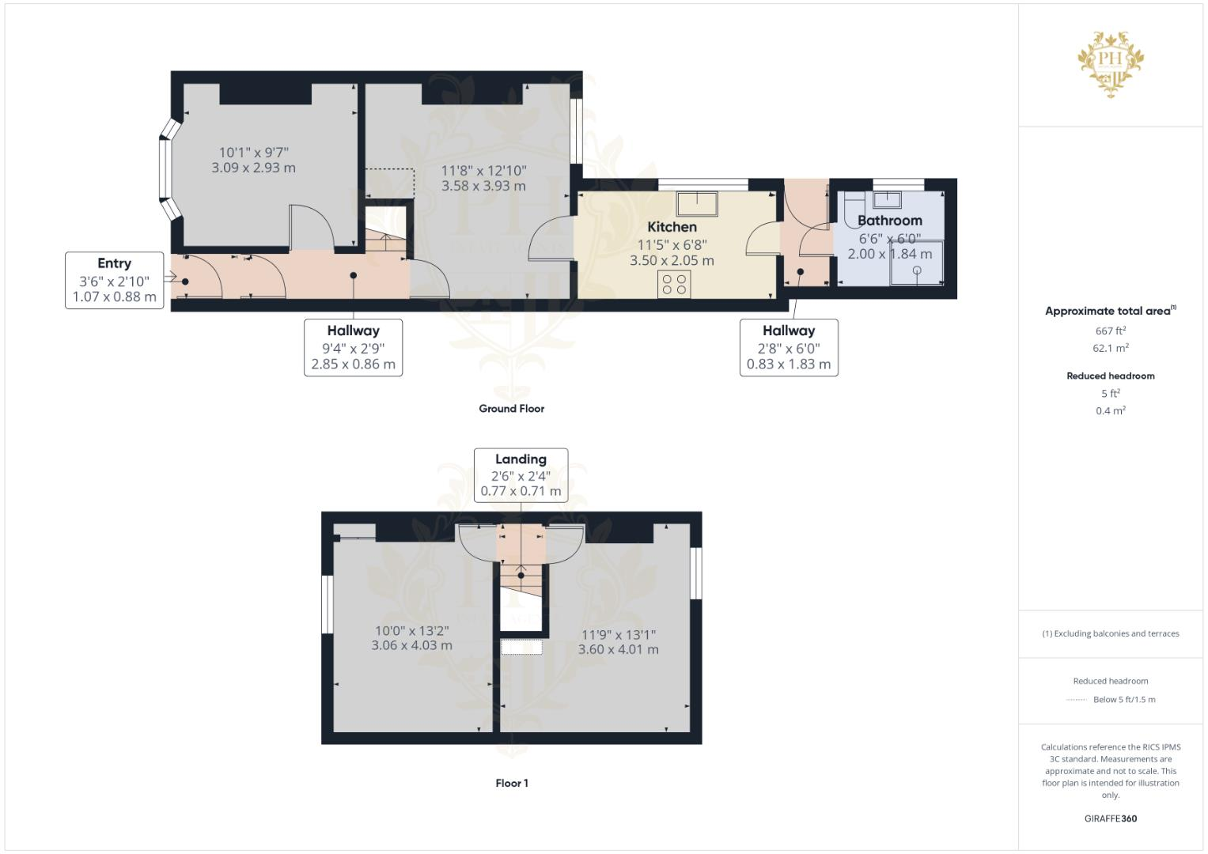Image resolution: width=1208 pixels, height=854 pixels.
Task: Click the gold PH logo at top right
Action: point(1111,63)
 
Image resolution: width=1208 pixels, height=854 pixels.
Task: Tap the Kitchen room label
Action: point(672,227)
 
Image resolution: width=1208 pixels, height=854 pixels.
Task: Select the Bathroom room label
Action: point(889,221)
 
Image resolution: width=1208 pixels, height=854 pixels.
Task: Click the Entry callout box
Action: point(114,280)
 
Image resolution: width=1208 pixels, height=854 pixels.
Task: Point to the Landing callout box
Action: point(521,474)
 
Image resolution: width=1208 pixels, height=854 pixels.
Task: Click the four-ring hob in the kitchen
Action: point(674,285)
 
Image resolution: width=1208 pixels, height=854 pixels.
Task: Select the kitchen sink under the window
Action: point(696,203)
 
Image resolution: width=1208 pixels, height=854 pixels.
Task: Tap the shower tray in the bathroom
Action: point(917,263)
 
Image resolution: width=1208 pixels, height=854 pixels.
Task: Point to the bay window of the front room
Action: point(167,168)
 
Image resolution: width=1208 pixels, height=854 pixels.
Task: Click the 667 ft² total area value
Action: point(1110,331)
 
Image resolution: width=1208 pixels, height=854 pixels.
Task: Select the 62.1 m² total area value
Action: point(1110,348)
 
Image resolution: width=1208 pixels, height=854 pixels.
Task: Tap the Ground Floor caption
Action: point(511,409)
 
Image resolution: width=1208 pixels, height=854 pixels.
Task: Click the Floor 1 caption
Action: point(511,783)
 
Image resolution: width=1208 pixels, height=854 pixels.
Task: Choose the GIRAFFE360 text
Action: point(1110,818)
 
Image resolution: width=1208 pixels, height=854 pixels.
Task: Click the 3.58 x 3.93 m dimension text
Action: point(483,187)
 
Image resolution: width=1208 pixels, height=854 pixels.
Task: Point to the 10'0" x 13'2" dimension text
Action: point(411,631)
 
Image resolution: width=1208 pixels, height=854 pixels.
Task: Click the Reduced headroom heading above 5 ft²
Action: point(1110,376)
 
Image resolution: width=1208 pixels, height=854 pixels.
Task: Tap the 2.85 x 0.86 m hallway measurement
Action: point(353,365)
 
